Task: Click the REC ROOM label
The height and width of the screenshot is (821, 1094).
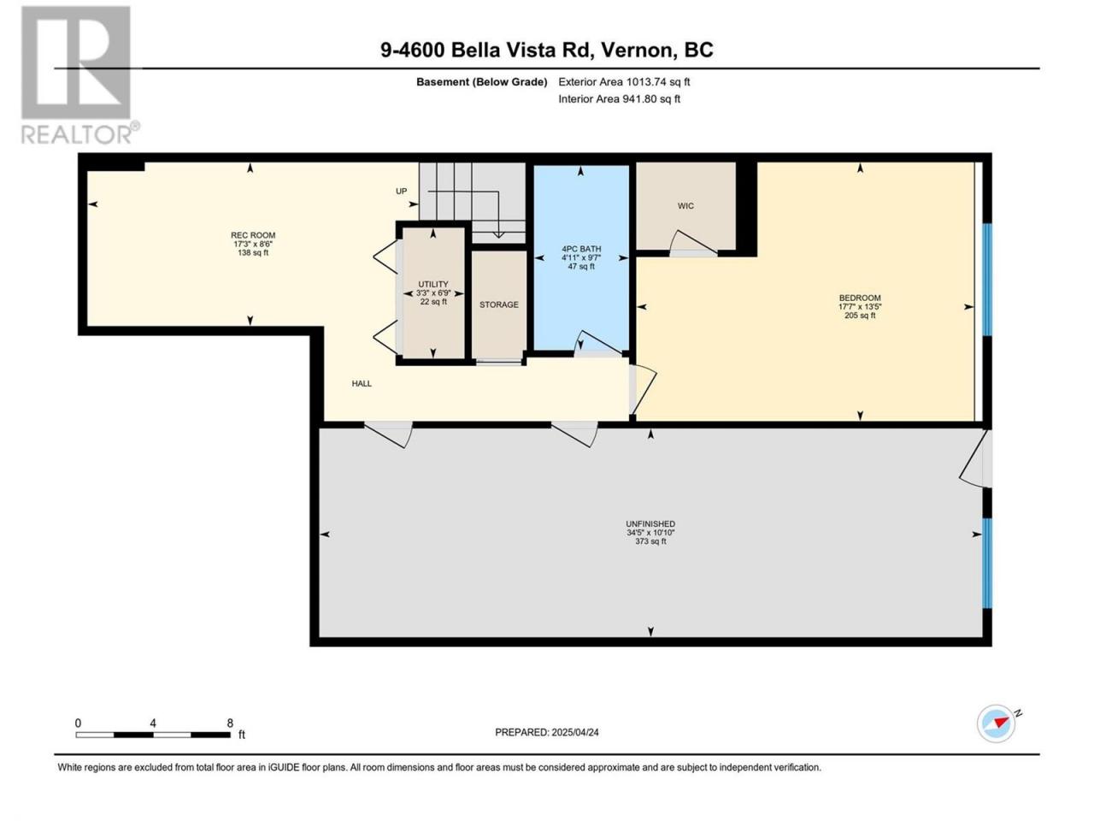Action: click(x=253, y=235)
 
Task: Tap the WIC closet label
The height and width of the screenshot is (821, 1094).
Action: click(x=685, y=206)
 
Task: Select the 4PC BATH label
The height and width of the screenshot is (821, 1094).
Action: click(x=581, y=249)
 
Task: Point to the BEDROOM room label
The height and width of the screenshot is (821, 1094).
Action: click(x=860, y=298)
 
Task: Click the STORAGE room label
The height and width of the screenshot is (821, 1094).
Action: click(x=499, y=304)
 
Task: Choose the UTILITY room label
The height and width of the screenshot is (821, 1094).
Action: click(x=433, y=284)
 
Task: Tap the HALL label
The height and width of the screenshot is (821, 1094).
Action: click(x=362, y=384)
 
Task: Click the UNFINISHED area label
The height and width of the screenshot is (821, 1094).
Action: click(x=650, y=524)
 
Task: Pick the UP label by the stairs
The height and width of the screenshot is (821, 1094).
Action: click(x=401, y=192)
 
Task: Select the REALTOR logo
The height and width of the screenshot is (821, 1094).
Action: click(x=79, y=76)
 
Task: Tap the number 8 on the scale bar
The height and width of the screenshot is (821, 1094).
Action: click(x=230, y=723)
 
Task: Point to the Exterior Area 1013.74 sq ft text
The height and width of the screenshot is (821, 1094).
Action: click(x=624, y=82)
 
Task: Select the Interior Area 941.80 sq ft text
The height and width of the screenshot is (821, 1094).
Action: click(x=619, y=98)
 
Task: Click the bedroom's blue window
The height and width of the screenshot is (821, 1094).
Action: click(x=987, y=280)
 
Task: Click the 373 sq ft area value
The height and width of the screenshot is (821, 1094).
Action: click(x=650, y=541)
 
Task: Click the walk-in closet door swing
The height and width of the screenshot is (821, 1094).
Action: click(x=693, y=243)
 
